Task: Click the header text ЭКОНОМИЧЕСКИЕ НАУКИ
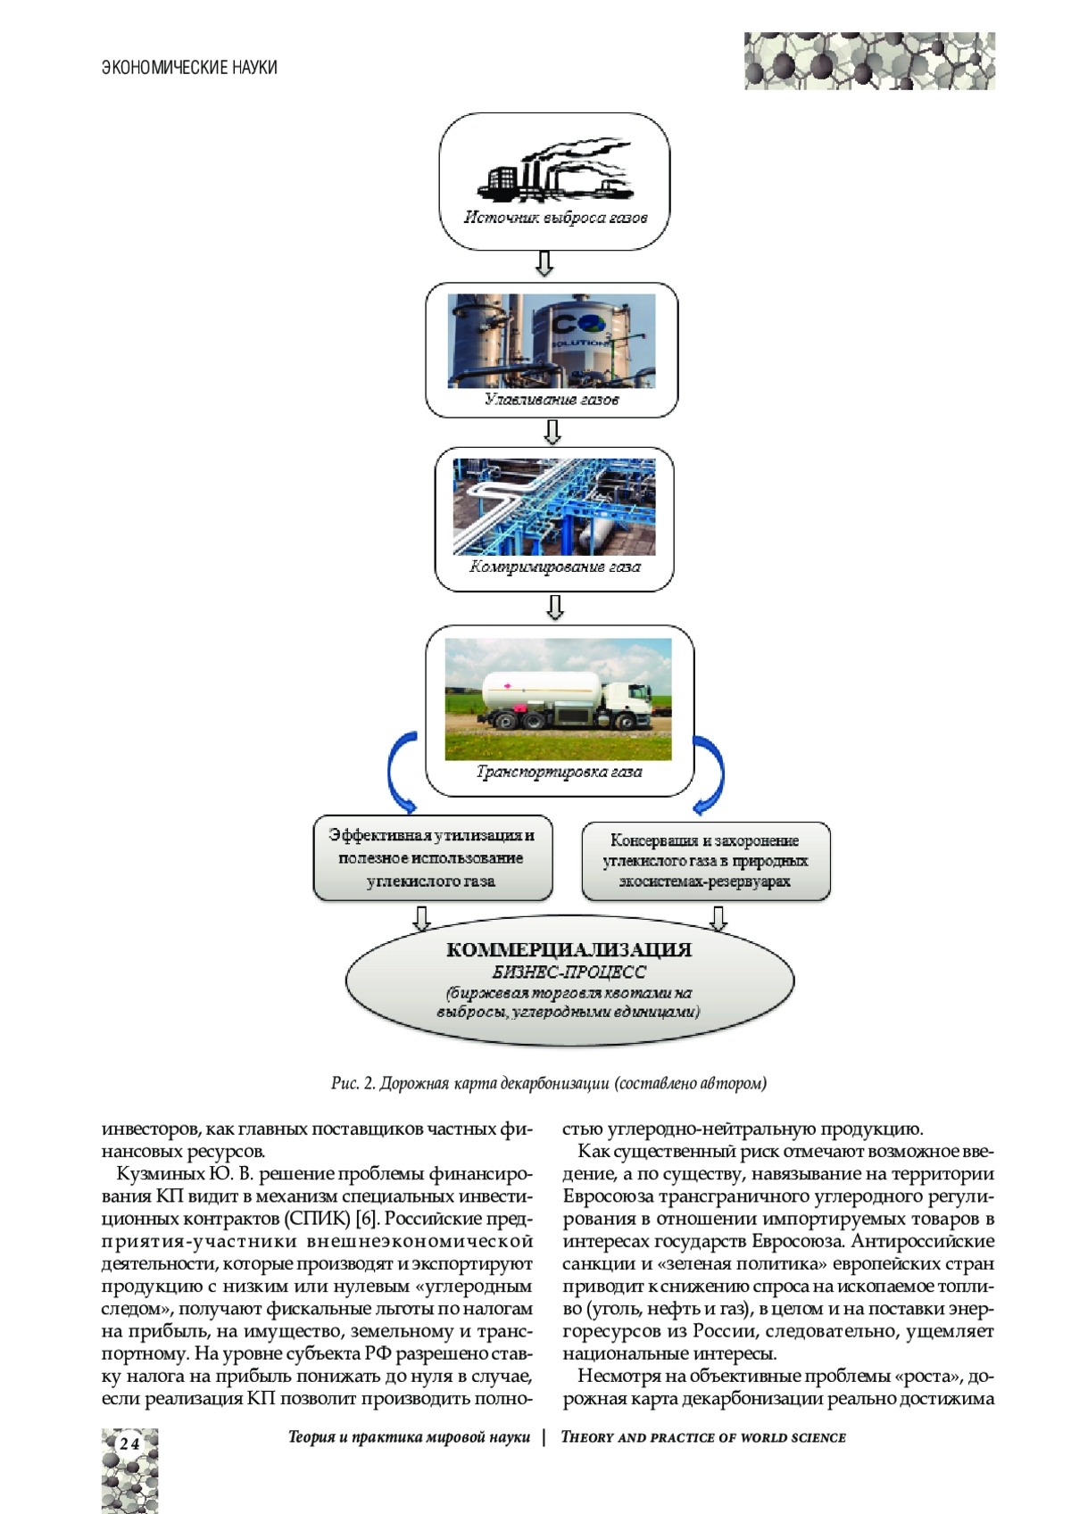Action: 189,68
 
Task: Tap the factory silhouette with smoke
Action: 553,170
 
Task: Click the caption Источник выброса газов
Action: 555,218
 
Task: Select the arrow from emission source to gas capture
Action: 544,263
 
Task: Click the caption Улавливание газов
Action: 552,399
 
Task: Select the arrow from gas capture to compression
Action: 552,432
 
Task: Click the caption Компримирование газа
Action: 555,567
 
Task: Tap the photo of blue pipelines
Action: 554,506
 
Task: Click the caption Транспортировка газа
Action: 560,772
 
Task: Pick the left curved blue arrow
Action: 400,772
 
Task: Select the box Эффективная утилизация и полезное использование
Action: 432,857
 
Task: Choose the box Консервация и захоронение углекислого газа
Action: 705,861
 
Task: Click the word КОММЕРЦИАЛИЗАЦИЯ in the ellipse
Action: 569,949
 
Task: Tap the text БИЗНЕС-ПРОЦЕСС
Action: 569,972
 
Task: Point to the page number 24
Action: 129,1444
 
